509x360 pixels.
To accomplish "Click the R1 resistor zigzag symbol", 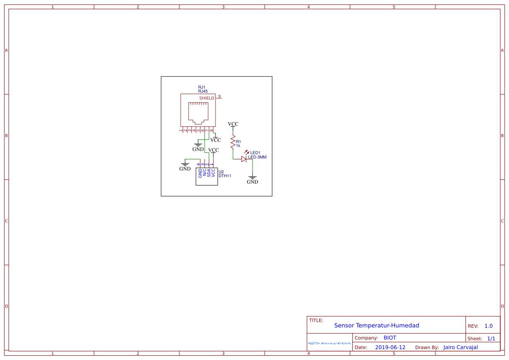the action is click(233, 142).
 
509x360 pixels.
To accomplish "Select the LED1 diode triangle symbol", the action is click(244, 159).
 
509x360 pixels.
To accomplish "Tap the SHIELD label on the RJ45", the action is click(207, 98).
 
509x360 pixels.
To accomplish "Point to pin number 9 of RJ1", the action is click(219, 96).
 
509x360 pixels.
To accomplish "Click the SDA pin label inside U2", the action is click(209, 173).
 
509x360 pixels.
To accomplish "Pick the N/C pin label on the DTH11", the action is click(205, 173).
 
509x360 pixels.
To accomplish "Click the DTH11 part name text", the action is click(225, 176).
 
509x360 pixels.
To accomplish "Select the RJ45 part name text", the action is click(203, 91).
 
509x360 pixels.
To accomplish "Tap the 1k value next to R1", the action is click(238, 146).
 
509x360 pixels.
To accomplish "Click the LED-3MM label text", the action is click(257, 157).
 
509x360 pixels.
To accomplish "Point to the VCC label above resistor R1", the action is click(233, 124).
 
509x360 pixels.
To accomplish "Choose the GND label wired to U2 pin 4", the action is click(185, 169).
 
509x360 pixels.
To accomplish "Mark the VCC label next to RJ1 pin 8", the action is click(216, 140).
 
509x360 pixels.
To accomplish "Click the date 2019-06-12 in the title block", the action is click(390, 347).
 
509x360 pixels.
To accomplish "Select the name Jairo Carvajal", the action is click(461, 347).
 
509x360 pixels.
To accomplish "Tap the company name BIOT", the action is click(390, 338).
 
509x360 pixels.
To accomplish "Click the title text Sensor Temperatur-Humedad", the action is click(377, 325).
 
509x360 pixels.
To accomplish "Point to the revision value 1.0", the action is click(489, 326).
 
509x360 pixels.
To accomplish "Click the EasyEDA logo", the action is click(330, 343).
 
